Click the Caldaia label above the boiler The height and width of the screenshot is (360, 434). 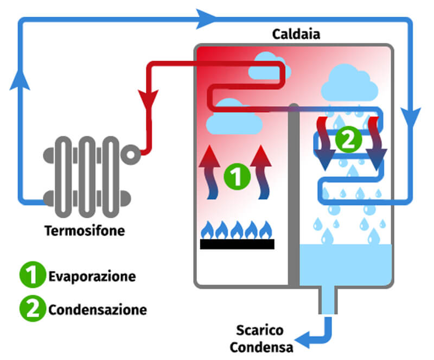[296, 34]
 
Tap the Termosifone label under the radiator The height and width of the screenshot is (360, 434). [85, 231]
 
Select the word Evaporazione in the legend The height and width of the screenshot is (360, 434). [92, 276]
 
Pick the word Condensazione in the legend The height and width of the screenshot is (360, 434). [98, 310]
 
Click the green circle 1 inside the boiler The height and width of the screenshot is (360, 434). [236, 177]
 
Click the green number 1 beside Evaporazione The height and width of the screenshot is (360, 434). [33, 275]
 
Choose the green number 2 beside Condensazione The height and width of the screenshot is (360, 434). [33, 309]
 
